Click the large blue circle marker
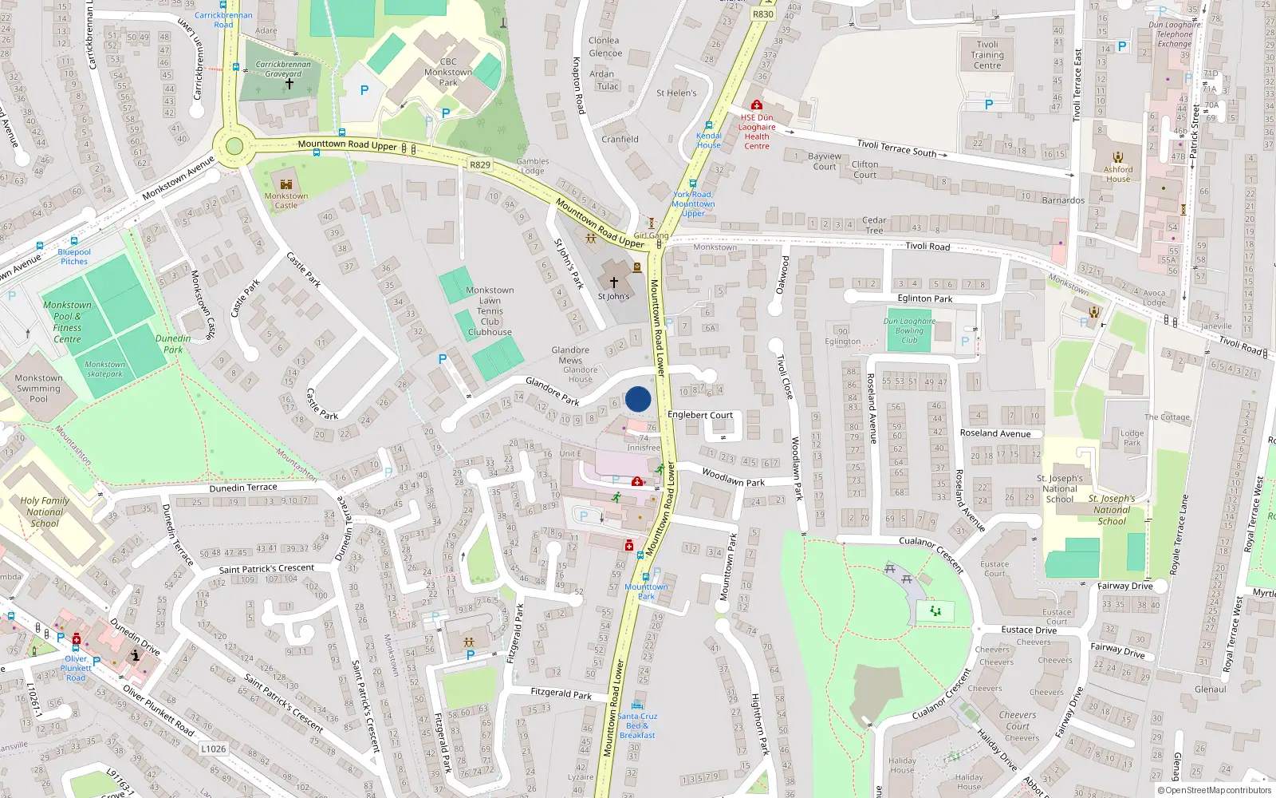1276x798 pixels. click(x=638, y=399)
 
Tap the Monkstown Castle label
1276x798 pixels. click(x=286, y=200)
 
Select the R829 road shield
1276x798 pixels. click(x=480, y=165)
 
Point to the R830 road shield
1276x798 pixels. click(x=763, y=14)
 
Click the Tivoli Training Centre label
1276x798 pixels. click(x=987, y=55)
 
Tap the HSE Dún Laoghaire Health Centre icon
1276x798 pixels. click(x=756, y=105)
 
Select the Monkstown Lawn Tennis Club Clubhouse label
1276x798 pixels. click(x=490, y=311)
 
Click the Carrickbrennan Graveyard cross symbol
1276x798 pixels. click(x=289, y=83)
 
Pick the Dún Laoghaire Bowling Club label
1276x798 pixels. click(x=909, y=330)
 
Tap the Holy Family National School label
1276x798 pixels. click(x=45, y=512)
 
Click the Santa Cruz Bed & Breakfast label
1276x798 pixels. click(x=637, y=725)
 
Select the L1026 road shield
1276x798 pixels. click(x=213, y=749)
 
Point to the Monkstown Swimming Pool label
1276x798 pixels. click(x=38, y=389)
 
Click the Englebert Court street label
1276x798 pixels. click(x=700, y=415)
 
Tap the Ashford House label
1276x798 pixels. click(x=1118, y=174)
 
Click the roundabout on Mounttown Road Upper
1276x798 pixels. click(x=234, y=146)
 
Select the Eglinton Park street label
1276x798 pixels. click(x=925, y=298)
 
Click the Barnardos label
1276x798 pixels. click(x=1063, y=200)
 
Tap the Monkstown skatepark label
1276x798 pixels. click(x=104, y=369)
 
